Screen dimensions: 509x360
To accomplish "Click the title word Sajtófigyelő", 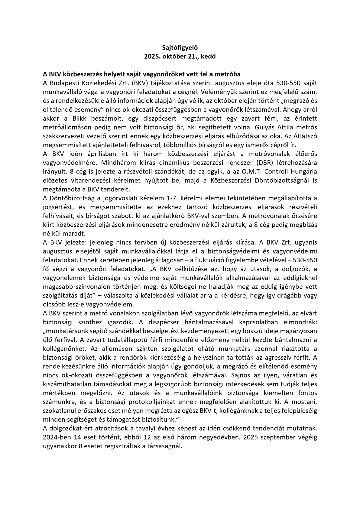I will pyautogui.click(x=180, y=47).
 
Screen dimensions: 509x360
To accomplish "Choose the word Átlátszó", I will pyautogui.click(x=306, y=136).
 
